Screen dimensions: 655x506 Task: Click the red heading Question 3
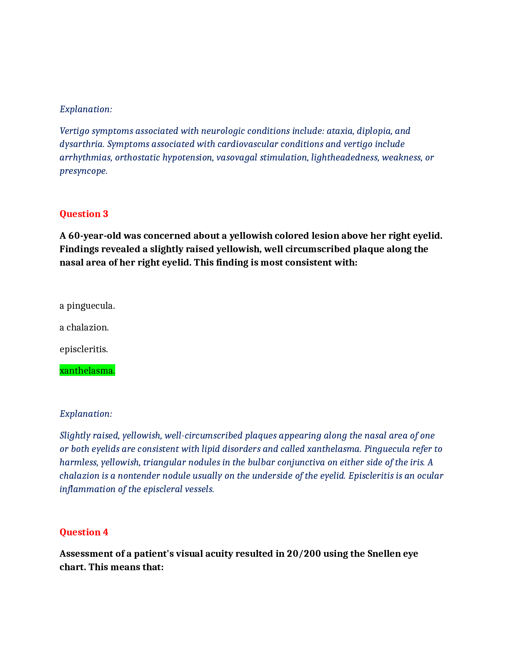(x=84, y=214)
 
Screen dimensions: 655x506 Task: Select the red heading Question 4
(x=84, y=532)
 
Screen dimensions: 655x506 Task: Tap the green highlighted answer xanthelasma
(x=87, y=371)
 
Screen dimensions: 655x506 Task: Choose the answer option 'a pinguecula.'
(x=87, y=306)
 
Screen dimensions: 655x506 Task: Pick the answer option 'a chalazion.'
(x=84, y=327)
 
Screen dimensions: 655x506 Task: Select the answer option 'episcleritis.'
(x=84, y=349)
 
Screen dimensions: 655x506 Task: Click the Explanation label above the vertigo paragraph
(x=86, y=109)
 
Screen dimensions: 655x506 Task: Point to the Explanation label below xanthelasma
(x=86, y=414)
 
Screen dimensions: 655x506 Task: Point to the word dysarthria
(x=82, y=144)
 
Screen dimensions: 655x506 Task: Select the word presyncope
(x=83, y=171)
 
